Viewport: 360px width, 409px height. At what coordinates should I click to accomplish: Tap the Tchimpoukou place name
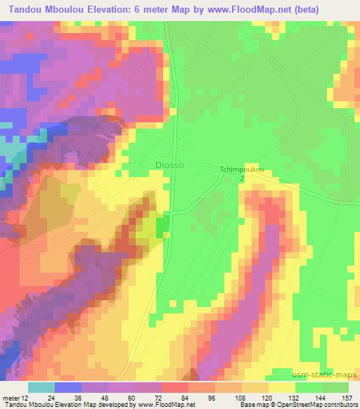[x=241, y=169]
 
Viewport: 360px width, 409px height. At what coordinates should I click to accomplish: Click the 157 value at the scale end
[x=347, y=397]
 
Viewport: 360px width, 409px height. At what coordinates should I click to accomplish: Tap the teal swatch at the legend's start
[x=41, y=387]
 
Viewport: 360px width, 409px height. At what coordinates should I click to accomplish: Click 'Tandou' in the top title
[x=23, y=8]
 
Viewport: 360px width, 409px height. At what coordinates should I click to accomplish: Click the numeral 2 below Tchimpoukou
[x=242, y=180]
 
